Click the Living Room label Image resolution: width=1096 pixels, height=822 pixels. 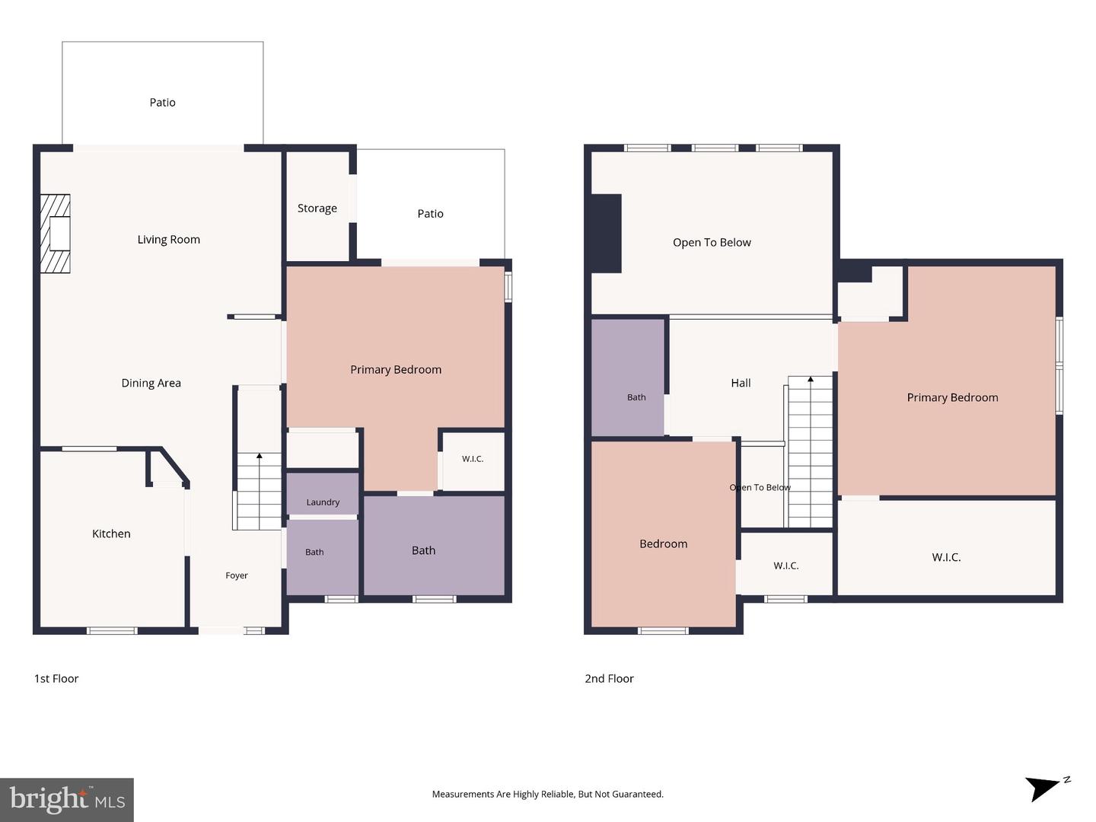(x=169, y=240)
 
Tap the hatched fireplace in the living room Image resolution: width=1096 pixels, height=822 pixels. (x=55, y=234)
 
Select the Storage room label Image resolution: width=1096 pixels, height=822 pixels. (x=317, y=208)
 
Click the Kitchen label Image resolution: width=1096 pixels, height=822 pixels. (x=111, y=534)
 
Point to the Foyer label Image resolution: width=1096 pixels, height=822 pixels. (x=237, y=575)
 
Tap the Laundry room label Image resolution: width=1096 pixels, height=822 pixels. (x=323, y=502)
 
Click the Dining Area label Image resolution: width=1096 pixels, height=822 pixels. (x=151, y=383)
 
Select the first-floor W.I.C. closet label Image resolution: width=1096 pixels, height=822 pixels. (x=473, y=459)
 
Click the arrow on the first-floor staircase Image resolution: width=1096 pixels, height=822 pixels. (x=259, y=455)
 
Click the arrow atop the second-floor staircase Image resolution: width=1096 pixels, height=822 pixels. (x=811, y=380)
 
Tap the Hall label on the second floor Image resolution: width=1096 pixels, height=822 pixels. (x=741, y=383)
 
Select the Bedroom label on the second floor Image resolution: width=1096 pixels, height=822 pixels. (x=664, y=543)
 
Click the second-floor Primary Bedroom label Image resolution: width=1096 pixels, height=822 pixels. (x=953, y=397)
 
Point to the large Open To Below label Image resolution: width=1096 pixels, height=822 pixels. (x=712, y=242)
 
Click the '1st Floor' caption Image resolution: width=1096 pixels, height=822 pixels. (x=56, y=679)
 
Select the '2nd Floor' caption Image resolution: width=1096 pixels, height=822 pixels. (x=609, y=679)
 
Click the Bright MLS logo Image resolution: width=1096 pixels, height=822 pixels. (x=67, y=799)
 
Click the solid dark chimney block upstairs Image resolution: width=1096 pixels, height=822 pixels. (x=606, y=234)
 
